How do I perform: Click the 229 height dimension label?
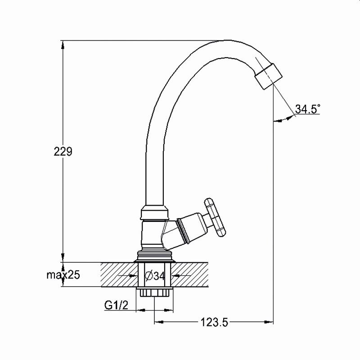63,151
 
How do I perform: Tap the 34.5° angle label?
307,109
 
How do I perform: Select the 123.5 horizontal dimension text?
215,322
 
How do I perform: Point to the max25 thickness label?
63,274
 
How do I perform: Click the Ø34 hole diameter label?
155,276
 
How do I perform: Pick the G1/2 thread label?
116,305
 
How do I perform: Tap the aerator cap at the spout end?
268,76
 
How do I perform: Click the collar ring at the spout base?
155,212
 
